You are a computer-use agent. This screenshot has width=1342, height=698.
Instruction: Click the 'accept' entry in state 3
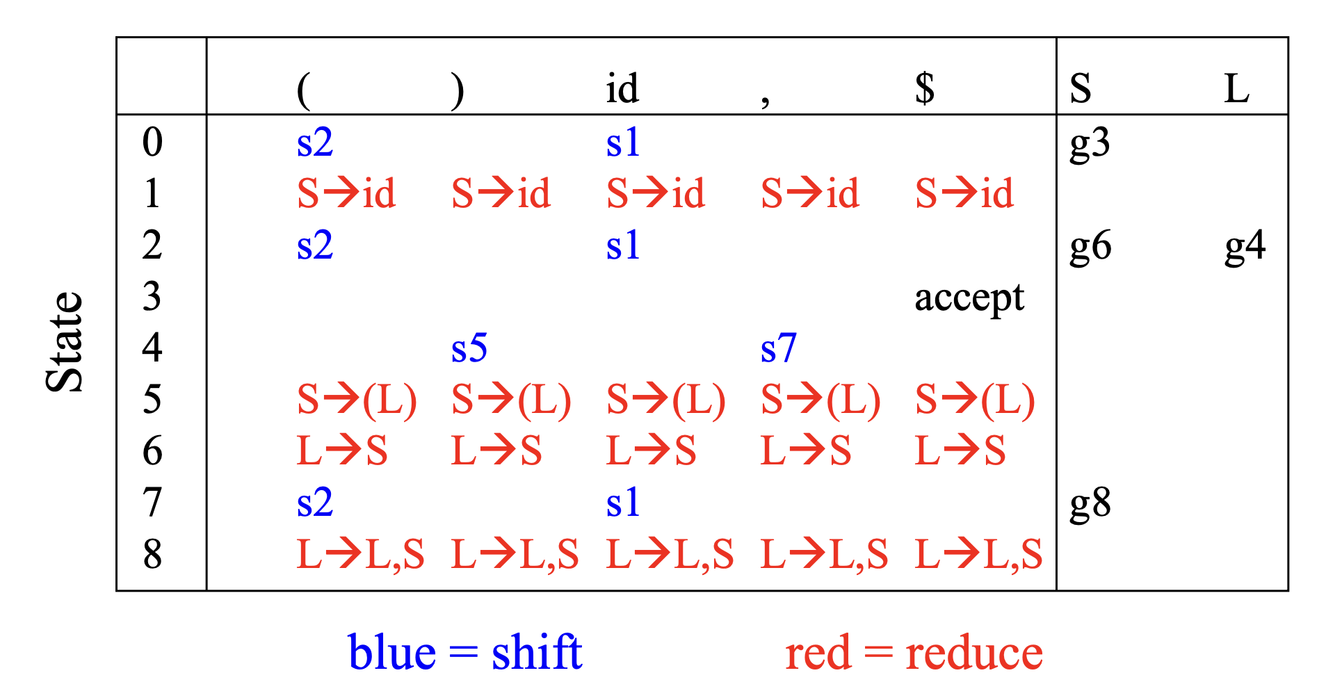pos(969,299)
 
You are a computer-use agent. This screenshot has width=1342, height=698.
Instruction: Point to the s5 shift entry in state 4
pos(469,349)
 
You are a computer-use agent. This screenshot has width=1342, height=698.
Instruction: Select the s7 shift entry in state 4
pos(778,349)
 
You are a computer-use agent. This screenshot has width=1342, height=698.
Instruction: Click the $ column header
pos(924,88)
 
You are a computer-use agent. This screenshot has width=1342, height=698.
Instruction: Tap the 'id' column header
pos(622,90)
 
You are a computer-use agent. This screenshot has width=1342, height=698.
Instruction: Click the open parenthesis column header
pos(303,90)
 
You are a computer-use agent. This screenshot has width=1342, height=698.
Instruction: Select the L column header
pos(1236,90)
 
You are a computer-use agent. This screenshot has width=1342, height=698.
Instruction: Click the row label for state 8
pos(152,555)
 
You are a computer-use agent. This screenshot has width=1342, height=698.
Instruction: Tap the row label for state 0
pos(152,143)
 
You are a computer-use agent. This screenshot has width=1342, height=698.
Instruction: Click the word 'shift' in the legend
pos(536,653)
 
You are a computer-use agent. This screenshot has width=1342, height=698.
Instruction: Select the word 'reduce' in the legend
pos(973,654)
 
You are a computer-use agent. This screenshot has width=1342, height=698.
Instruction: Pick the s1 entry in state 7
pos(622,503)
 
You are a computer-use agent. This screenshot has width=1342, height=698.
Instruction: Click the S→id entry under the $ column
pos(964,194)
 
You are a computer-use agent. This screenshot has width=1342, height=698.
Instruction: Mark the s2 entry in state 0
pos(314,144)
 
